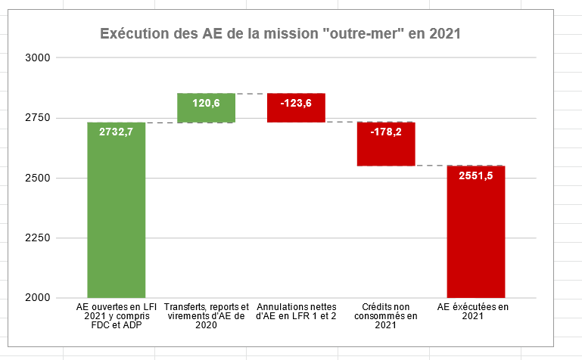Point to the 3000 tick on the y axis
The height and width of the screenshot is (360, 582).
point(37,57)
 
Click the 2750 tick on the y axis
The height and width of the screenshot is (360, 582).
point(37,118)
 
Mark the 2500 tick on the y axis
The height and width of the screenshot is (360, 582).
point(37,178)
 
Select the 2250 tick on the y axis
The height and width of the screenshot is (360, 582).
point(37,238)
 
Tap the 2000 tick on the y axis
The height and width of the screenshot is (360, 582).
point(37,298)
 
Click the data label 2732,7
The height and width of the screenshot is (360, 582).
point(116,132)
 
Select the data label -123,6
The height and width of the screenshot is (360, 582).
point(296,103)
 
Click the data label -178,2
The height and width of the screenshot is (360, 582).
point(386,132)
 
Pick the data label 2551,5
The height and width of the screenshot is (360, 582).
point(476,175)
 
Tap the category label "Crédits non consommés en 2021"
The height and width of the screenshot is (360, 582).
point(385,316)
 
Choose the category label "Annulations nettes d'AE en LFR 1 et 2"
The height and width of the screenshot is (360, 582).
point(296,312)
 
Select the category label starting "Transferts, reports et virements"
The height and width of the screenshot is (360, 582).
point(206,316)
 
